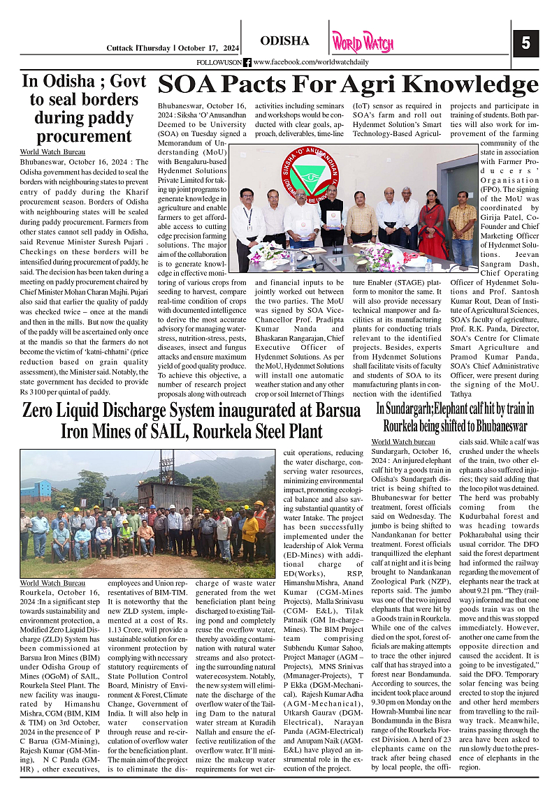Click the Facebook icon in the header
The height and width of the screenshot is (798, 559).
(x=247, y=62)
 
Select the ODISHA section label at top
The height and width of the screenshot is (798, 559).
(x=284, y=41)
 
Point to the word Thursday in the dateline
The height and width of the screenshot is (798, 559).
(x=154, y=47)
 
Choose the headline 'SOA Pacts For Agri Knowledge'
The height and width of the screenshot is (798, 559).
(x=347, y=84)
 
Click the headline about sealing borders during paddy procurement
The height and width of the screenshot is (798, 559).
(x=75, y=108)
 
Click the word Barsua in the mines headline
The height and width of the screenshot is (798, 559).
(x=333, y=411)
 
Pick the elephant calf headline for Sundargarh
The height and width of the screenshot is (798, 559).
(x=455, y=417)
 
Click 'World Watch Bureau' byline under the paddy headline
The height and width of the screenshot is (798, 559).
(x=52, y=152)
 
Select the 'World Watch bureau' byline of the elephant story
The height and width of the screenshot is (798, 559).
(x=403, y=442)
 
